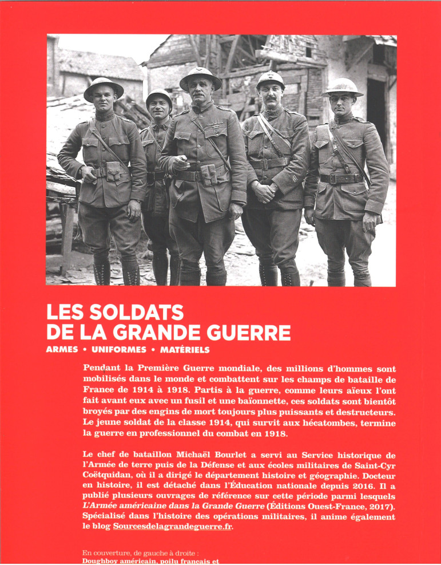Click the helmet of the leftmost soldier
[104, 87]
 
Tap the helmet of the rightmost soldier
[343, 86]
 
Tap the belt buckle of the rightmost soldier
[332, 179]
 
